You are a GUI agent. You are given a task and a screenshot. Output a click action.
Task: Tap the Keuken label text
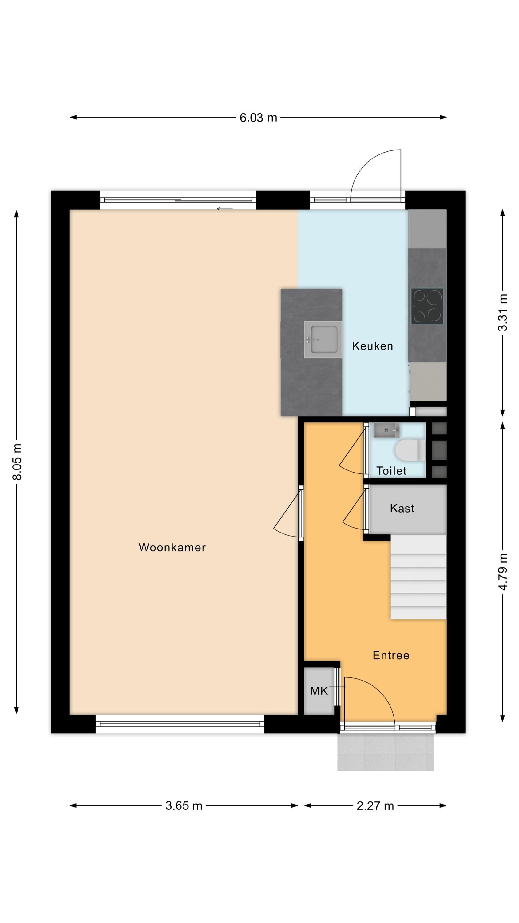pos(373,346)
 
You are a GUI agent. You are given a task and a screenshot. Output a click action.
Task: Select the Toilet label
pos(391,470)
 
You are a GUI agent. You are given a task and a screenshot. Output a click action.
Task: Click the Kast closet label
pos(402,508)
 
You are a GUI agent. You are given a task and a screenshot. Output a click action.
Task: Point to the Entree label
pos(391,655)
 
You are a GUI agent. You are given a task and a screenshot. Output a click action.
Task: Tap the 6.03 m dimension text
pos(258,118)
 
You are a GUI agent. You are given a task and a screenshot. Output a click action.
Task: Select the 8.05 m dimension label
pos(17,461)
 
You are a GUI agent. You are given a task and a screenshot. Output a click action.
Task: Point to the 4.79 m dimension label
pos(503,572)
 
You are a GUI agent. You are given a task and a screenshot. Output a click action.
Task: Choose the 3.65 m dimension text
pos(184,806)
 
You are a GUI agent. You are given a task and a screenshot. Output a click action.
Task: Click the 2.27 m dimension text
pos(375,806)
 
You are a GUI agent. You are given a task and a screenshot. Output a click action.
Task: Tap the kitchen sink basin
pos(323,339)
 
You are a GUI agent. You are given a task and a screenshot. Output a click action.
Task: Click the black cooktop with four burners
pos(427,306)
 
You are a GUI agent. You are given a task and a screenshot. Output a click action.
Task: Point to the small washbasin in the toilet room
pos(386,430)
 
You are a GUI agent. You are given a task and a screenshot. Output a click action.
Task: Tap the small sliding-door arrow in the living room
pos(224,209)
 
